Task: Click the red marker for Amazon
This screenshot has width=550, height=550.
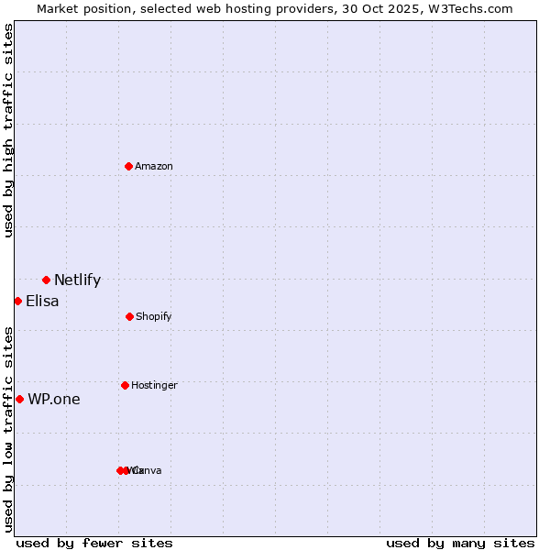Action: tap(128, 166)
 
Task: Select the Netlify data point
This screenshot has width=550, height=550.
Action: tap(46, 280)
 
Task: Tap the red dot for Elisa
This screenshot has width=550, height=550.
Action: tap(17, 301)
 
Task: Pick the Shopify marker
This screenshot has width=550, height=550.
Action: tap(129, 316)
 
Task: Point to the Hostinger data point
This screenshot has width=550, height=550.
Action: tap(125, 385)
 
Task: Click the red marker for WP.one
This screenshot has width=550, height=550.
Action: tap(19, 399)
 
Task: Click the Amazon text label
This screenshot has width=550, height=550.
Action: tap(154, 166)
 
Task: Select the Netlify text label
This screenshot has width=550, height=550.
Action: tap(77, 280)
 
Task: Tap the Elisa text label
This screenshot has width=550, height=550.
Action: tap(42, 301)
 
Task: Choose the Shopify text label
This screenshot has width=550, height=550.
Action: tap(154, 316)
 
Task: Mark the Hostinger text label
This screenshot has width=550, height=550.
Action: tap(154, 385)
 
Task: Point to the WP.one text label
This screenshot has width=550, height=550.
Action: tap(54, 399)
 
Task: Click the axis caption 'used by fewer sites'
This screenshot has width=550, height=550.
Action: tap(94, 543)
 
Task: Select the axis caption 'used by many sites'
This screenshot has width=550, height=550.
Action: tap(460, 543)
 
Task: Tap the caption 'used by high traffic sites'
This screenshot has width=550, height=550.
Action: tap(8, 130)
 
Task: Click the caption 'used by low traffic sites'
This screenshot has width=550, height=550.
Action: tap(8, 428)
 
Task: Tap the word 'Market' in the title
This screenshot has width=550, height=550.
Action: tap(58, 8)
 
